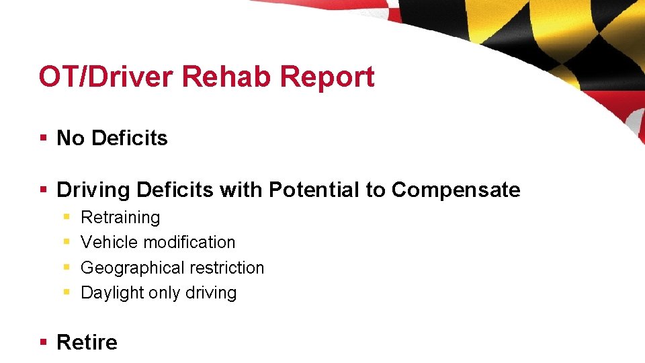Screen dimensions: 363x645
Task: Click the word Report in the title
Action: tap(327, 77)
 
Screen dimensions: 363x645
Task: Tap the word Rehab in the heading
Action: tap(227, 77)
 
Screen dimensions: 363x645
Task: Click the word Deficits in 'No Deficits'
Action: tap(130, 138)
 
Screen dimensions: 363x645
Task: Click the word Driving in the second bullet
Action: tap(93, 190)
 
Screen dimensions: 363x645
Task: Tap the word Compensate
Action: tap(456, 190)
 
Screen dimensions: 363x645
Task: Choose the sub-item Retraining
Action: tap(120, 218)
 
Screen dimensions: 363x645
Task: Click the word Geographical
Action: tap(129, 268)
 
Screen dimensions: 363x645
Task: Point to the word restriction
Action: tap(223, 268)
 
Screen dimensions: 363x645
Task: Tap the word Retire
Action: tap(87, 343)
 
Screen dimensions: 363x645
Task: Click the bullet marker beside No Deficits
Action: tap(44, 138)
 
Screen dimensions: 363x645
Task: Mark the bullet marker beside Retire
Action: tap(44, 343)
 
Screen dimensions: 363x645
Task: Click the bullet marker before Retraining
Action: tap(67, 218)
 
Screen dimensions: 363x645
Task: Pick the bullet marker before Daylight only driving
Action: tap(67, 293)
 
